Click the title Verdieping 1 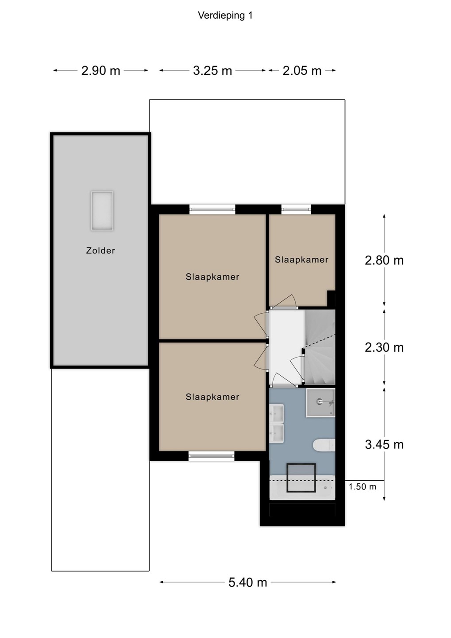[x=225, y=16]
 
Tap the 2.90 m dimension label [x=101, y=70]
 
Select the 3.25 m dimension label [x=212, y=70]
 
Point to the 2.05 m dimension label [x=302, y=70]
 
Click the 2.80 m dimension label [x=384, y=261]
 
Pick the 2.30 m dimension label [x=384, y=347]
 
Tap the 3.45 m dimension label [x=384, y=444]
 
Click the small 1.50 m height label [x=362, y=486]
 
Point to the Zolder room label [x=101, y=251]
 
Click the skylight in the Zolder [x=102, y=211]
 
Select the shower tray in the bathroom [x=320, y=403]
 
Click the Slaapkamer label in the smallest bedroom [x=301, y=260]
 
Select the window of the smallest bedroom [x=296, y=209]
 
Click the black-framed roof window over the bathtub [x=301, y=478]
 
